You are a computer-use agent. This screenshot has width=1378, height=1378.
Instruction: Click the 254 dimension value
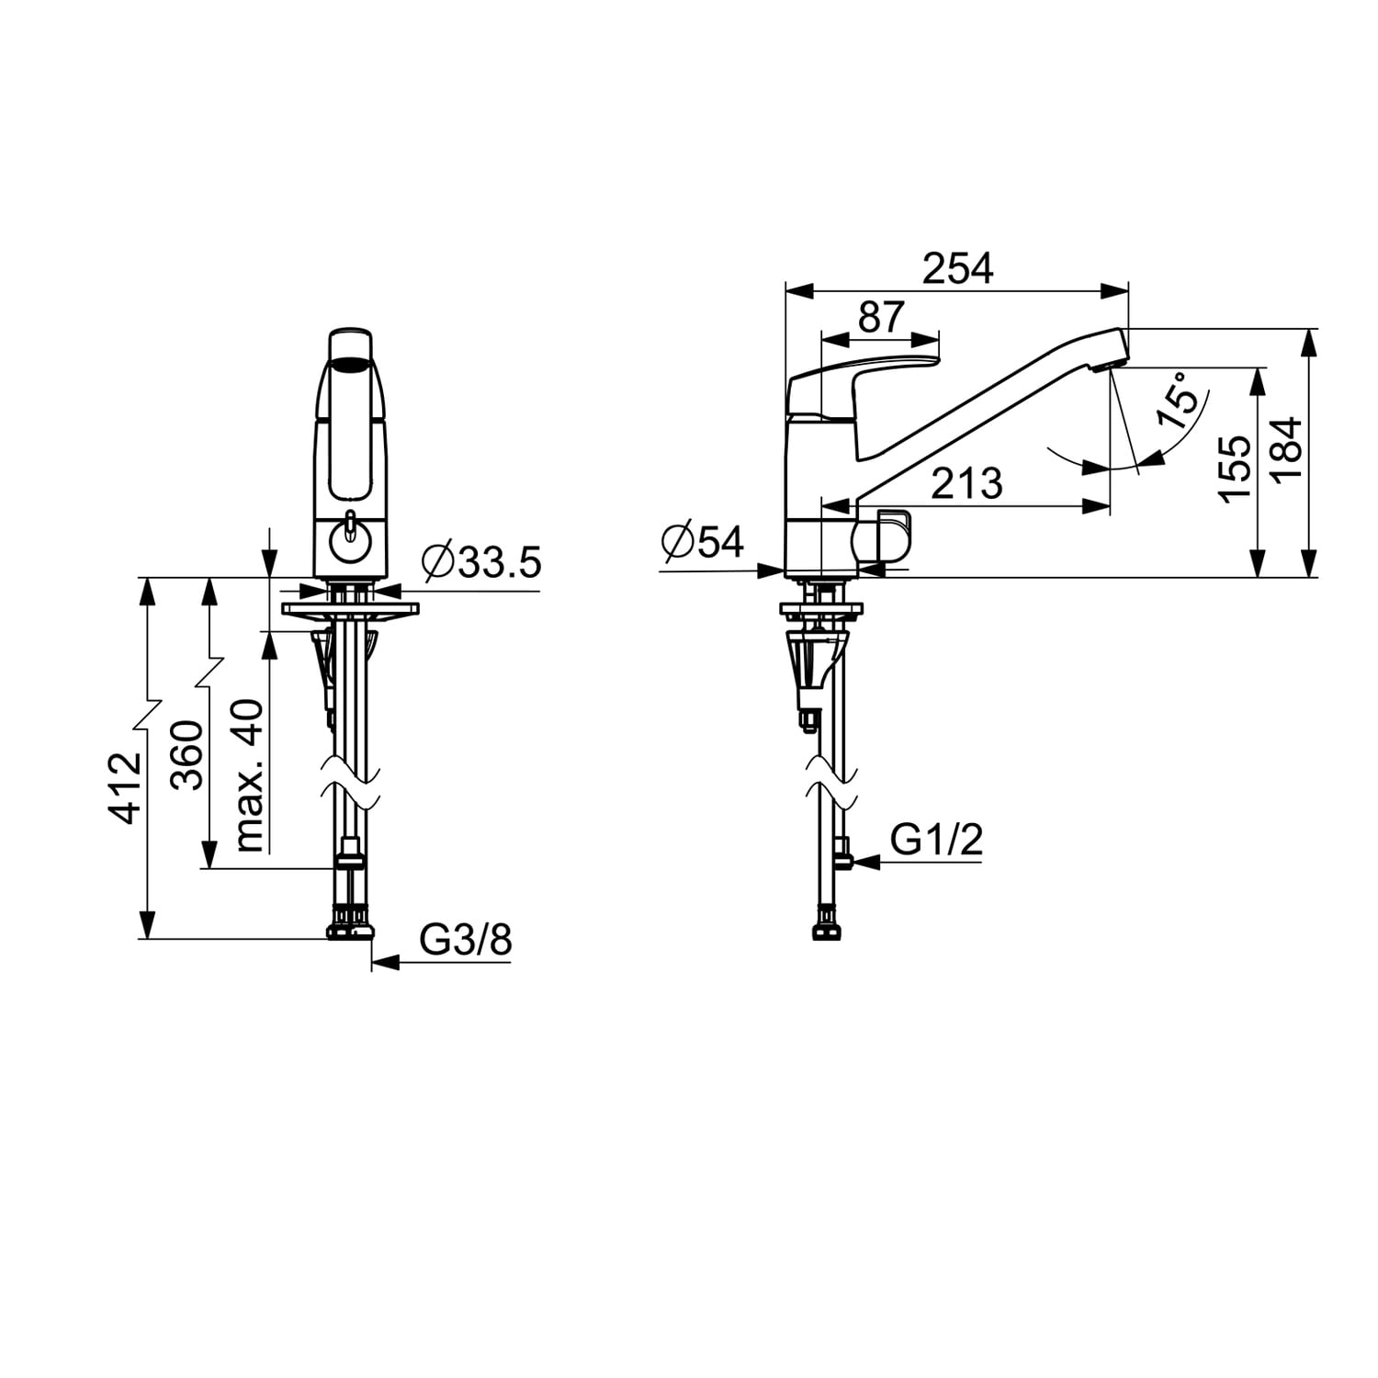click(x=958, y=268)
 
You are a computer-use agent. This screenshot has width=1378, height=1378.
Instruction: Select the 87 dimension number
click(x=882, y=317)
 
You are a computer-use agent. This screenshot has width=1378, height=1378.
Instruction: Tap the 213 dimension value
click(x=967, y=483)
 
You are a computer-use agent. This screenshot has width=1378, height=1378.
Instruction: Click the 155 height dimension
click(x=1236, y=469)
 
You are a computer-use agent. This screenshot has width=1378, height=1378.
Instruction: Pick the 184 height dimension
click(x=1286, y=448)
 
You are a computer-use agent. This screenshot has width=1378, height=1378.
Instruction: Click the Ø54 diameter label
click(x=703, y=542)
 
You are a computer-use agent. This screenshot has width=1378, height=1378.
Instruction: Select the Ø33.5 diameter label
click(x=481, y=561)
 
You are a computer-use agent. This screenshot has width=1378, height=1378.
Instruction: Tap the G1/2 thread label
click(x=937, y=839)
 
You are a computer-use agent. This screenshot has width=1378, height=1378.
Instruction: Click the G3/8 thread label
click(x=466, y=940)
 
